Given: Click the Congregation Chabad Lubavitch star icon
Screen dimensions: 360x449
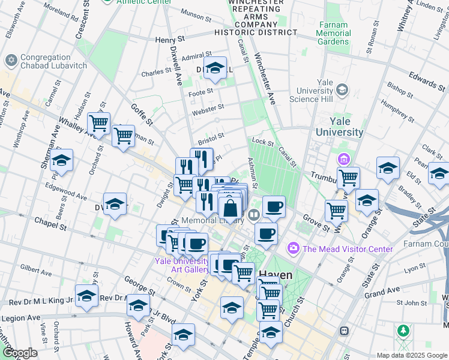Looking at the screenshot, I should click(x=11, y=61).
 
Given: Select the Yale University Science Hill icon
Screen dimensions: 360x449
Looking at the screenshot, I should click(x=342, y=90).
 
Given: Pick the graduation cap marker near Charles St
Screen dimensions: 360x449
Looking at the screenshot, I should click(x=214, y=69).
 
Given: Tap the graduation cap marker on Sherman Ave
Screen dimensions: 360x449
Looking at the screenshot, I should click(x=61, y=161).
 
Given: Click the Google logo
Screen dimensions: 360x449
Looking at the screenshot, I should click(x=20, y=353).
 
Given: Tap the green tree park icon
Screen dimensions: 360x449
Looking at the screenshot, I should click(x=403, y=331).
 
